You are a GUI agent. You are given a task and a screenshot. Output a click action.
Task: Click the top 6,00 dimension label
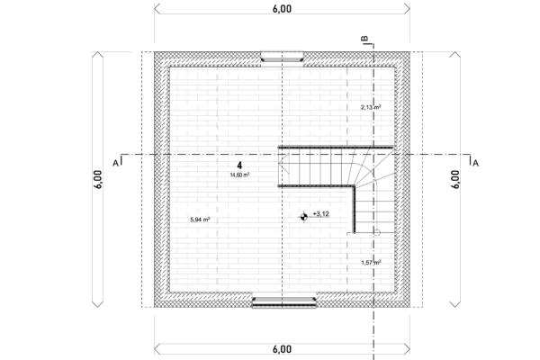pyautogui.click(x=282, y=9)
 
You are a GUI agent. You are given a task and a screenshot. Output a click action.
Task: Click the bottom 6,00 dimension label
pyautogui.click(x=282, y=349)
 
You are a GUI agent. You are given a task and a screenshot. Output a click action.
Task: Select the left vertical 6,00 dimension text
pyautogui.click(x=98, y=179)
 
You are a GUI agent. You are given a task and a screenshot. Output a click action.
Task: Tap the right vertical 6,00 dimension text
pyautogui.click(x=455, y=179)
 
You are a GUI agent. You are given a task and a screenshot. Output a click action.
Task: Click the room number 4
pyautogui.click(x=239, y=166)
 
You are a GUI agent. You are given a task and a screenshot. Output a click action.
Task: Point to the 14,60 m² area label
pyautogui.click(x=239, y=175)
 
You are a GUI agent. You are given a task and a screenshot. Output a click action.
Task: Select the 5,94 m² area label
pyautogui.click(x=200, y=220)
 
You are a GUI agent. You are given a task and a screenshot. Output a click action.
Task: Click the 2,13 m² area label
pyautogui.click(x=371, y=107)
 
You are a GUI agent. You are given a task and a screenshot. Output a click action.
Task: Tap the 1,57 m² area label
pyautogui.click(x=371, y=263)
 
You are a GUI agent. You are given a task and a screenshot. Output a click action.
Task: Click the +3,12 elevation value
pyautogui.click(x=321, y=214)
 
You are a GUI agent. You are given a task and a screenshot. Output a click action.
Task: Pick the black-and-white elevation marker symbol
pyautogui.click(x=304, y=217)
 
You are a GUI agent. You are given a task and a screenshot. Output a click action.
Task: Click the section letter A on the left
pyautogui.click(x=116, y=163)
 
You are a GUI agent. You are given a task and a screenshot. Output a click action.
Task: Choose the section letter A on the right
pyautogui.click(x=475, y=163)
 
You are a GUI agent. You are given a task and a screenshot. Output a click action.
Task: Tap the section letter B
pyautogui.click(x=365, y=39)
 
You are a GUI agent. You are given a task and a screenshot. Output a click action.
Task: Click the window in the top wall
pyautogui.click(x=282, y=57)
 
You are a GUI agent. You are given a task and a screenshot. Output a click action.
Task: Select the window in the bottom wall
pyautogui.click(x=284, y=301)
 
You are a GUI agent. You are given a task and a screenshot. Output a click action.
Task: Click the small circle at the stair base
pyautogui.click(x=377, y=232)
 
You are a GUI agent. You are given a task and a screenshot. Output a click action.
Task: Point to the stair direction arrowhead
pyautogui.click(x=283, y=163)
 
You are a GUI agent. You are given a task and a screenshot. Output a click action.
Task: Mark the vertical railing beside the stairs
pyautogui.click(x=354, y=210)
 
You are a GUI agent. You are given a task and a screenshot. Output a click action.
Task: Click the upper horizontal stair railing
pyautogui.click(x=336, y=148)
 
